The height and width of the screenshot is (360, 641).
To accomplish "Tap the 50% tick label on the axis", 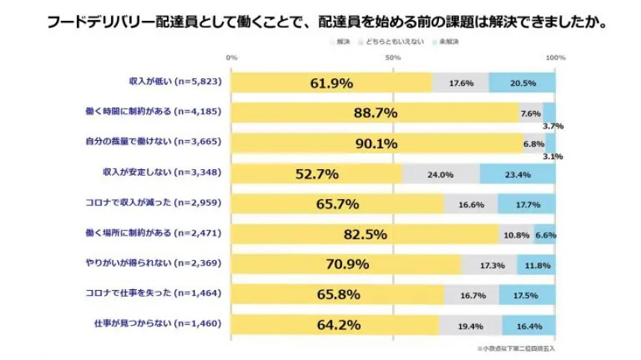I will (393, 57).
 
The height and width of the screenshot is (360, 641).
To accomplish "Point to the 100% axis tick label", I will (555, 57).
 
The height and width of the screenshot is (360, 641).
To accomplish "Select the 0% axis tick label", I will (232, 57).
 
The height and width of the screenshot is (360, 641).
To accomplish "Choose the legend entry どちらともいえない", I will (393, 42).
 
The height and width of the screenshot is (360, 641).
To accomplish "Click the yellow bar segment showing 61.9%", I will (332, 83).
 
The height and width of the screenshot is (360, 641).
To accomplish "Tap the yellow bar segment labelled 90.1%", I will (377, 143).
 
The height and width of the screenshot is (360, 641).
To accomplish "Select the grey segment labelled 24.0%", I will (441, 174).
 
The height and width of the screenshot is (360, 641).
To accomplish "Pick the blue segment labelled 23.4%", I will (517, 174).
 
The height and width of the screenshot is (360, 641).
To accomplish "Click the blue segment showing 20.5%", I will (522, 83).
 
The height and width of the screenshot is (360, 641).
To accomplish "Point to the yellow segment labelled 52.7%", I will (317, 174).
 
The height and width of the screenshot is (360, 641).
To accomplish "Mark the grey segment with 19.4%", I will (470, 325).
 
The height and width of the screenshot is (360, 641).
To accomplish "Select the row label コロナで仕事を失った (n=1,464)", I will (164, 295).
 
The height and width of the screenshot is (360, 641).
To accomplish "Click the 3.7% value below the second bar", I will (553, 126).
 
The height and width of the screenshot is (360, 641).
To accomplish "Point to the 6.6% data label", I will (545, 235).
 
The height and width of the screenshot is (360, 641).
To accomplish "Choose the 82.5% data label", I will (365, 235).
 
